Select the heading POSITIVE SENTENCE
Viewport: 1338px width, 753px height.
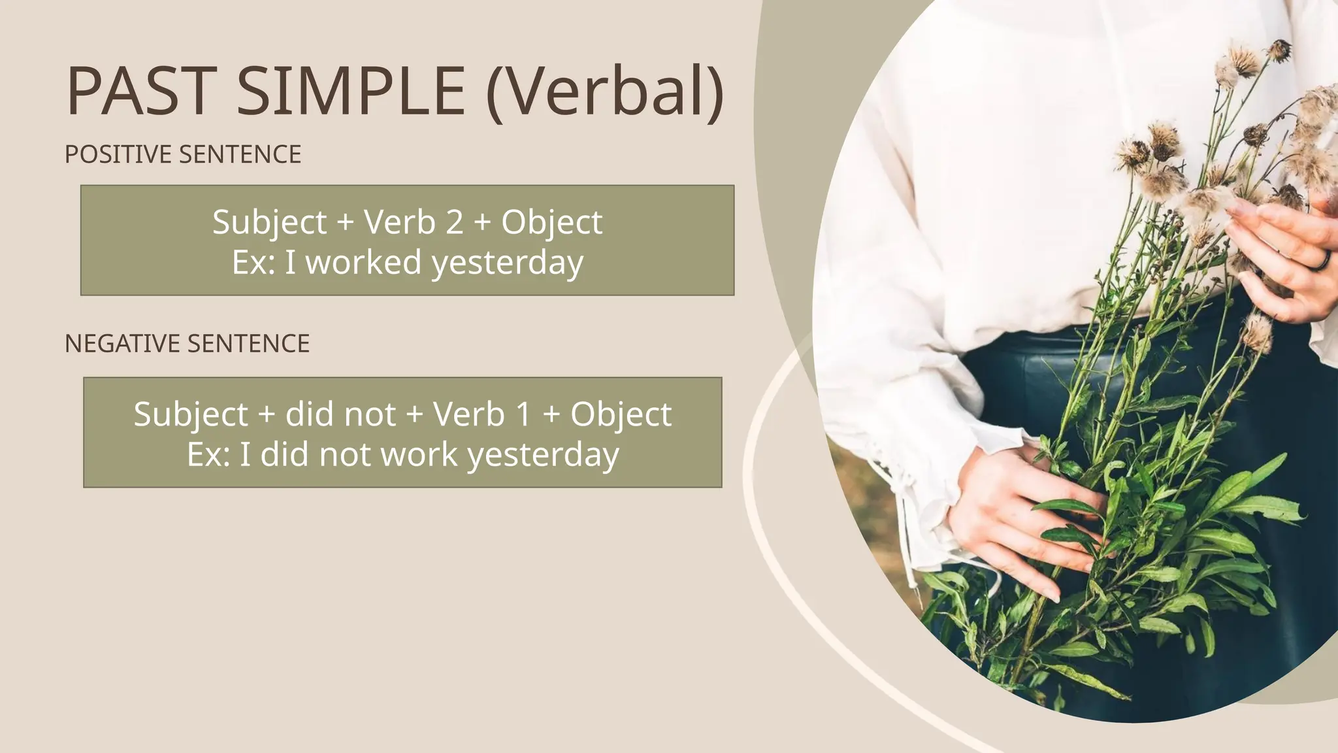(x=183, y=154)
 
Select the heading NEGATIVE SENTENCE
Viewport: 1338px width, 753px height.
(x=187, y=344)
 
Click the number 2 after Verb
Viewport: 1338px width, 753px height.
(x=454, y=222)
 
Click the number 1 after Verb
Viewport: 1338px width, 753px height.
(x=523, y=414)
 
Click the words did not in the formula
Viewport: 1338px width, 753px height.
(x=340, y=414)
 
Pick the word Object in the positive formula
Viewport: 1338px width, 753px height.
(x=551, y=222)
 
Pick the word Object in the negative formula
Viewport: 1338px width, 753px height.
(x=621, y=414)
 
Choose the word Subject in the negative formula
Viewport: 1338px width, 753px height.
(x=191, y=414)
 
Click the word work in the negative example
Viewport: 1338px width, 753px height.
(x=419, y=455)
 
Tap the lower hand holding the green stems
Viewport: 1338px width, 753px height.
(x=1019, y=516)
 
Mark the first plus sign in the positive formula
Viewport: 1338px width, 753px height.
(x=345, y=223)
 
